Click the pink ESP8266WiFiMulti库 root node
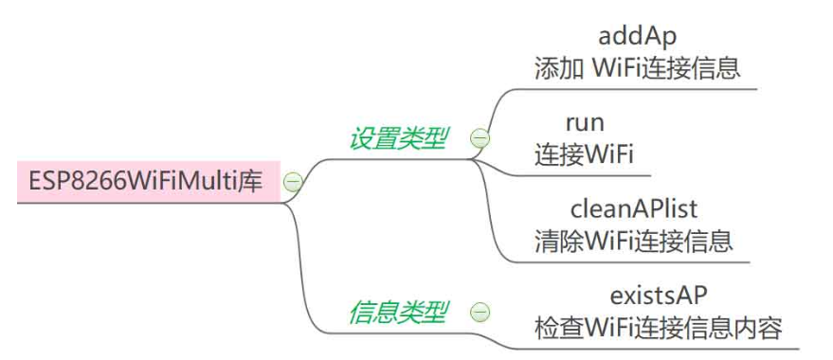148,181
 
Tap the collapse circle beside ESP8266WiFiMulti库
293,182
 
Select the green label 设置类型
398,138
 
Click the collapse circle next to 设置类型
480,139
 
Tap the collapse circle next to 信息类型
480,312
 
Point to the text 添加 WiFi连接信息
637,68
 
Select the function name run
585,122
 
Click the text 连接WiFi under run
585,153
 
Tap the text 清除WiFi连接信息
632,239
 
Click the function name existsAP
660,294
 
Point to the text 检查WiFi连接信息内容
660,328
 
